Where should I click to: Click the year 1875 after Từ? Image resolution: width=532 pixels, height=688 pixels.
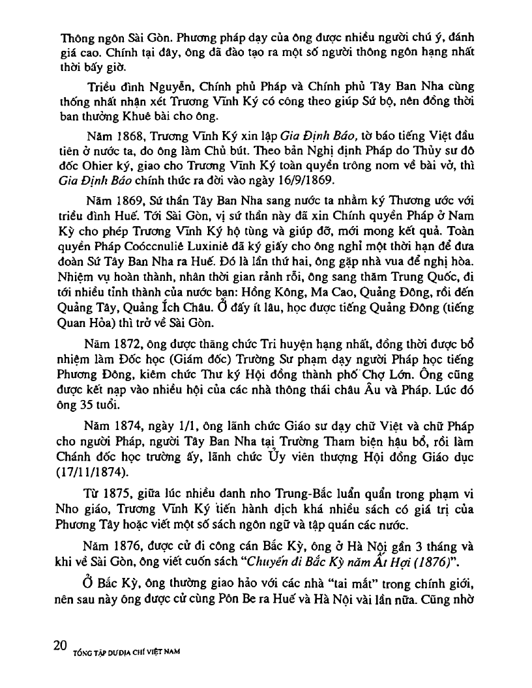click(115, 488)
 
